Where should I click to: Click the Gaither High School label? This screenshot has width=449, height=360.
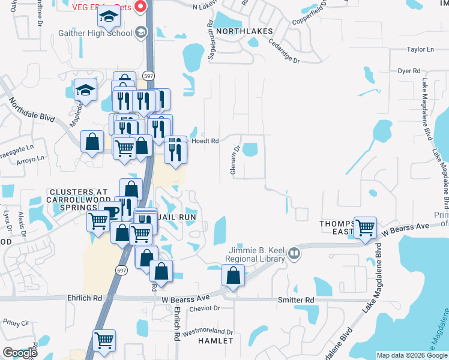click(95, 34)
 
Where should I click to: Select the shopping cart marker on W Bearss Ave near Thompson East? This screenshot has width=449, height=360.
click(365, 228)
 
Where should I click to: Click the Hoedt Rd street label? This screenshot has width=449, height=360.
click(204, 141)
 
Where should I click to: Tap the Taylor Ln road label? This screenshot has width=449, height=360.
click(420, 50)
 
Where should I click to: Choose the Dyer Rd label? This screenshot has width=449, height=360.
click(409, 71)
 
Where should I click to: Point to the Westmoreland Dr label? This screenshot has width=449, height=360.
click(207, 331)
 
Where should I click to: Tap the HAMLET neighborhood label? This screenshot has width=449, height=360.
click(215, 341)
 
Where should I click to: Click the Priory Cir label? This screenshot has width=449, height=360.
click(16, 322)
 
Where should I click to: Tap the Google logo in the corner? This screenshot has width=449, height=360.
click(19, 353)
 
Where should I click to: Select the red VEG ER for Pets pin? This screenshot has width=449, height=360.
click(140, 7)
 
